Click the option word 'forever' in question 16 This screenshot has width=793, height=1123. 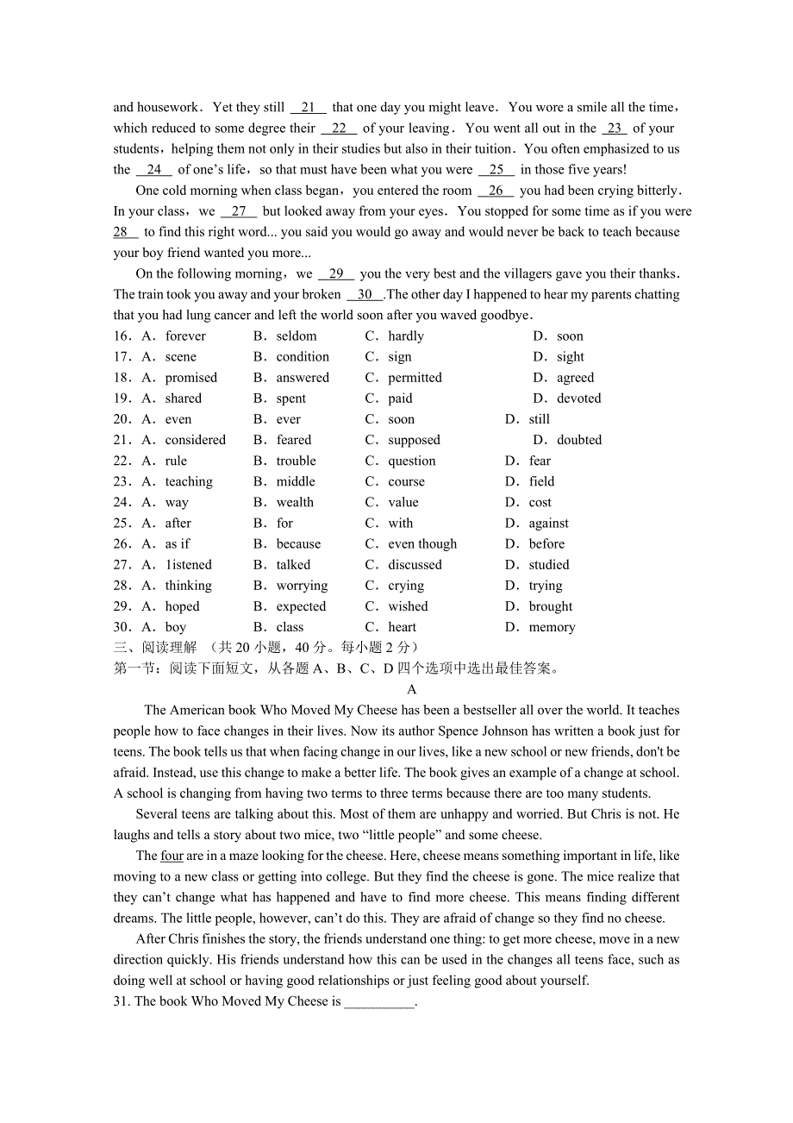[x=185, y=336]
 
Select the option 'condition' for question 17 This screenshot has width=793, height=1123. [x=303, y=357]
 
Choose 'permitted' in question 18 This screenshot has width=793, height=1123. [x=415, y=378]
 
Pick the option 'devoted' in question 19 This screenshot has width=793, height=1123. [x=579, y=398]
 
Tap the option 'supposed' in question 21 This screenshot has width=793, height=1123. [x=414, y=440]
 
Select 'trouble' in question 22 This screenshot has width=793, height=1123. [x=296, y=461]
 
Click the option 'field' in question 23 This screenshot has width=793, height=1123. [x=542, y=481]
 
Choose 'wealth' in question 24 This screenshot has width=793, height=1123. [x=295, y=502]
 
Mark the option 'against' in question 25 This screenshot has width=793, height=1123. [x=549, y=524]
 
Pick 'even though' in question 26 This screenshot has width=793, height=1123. [x=422, y=544]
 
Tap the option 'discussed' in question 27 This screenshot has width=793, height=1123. [x=415, y=565]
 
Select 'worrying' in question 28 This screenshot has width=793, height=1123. [x=302, y=586]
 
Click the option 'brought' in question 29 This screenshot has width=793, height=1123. [x=551, y=606]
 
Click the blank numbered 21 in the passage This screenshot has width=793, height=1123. [x=309, y=108]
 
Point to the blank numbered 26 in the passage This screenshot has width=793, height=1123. [x=496, y=191]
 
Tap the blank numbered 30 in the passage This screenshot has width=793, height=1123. [x=365, y=295]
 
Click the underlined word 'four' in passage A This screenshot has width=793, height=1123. [x=172, y=856]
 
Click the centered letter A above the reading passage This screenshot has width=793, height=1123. [x=411, y=689]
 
